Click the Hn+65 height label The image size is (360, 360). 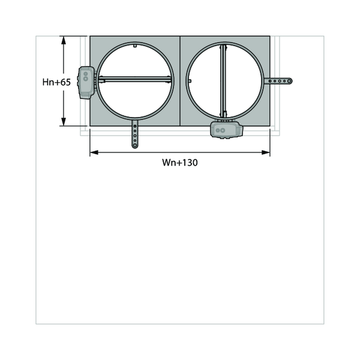[x=56, y=82]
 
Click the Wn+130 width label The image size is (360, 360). [x=180, y=163]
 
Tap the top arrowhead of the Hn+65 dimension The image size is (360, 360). [x=64, y=40]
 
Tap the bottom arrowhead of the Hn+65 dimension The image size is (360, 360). [x=64, y=122]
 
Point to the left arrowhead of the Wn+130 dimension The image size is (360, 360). [x=94, y=152]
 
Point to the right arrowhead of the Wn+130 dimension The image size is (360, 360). [x=266, y=152]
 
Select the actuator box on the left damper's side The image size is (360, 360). [x=86, y=83]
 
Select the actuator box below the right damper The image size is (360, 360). [x=227, y=130]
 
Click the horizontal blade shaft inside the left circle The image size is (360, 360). [x=135, y=79]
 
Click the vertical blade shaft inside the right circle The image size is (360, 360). [x=223, y=81]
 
